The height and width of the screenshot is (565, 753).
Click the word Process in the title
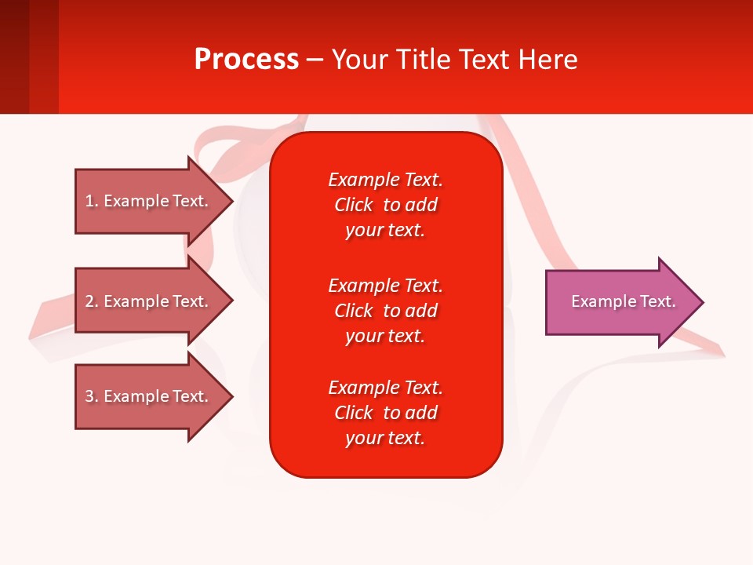point(246,60)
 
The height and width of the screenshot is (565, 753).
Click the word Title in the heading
point(420,60)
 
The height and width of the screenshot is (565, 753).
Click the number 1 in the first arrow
point(89,201)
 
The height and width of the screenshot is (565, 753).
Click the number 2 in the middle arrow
point(89,301)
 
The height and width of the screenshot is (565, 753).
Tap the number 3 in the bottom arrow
point(89,396)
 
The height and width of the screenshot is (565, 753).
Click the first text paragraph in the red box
point(385,205)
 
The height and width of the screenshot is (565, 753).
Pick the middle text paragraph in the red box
point(385,311)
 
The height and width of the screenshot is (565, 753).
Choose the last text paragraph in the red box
point(385,413)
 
